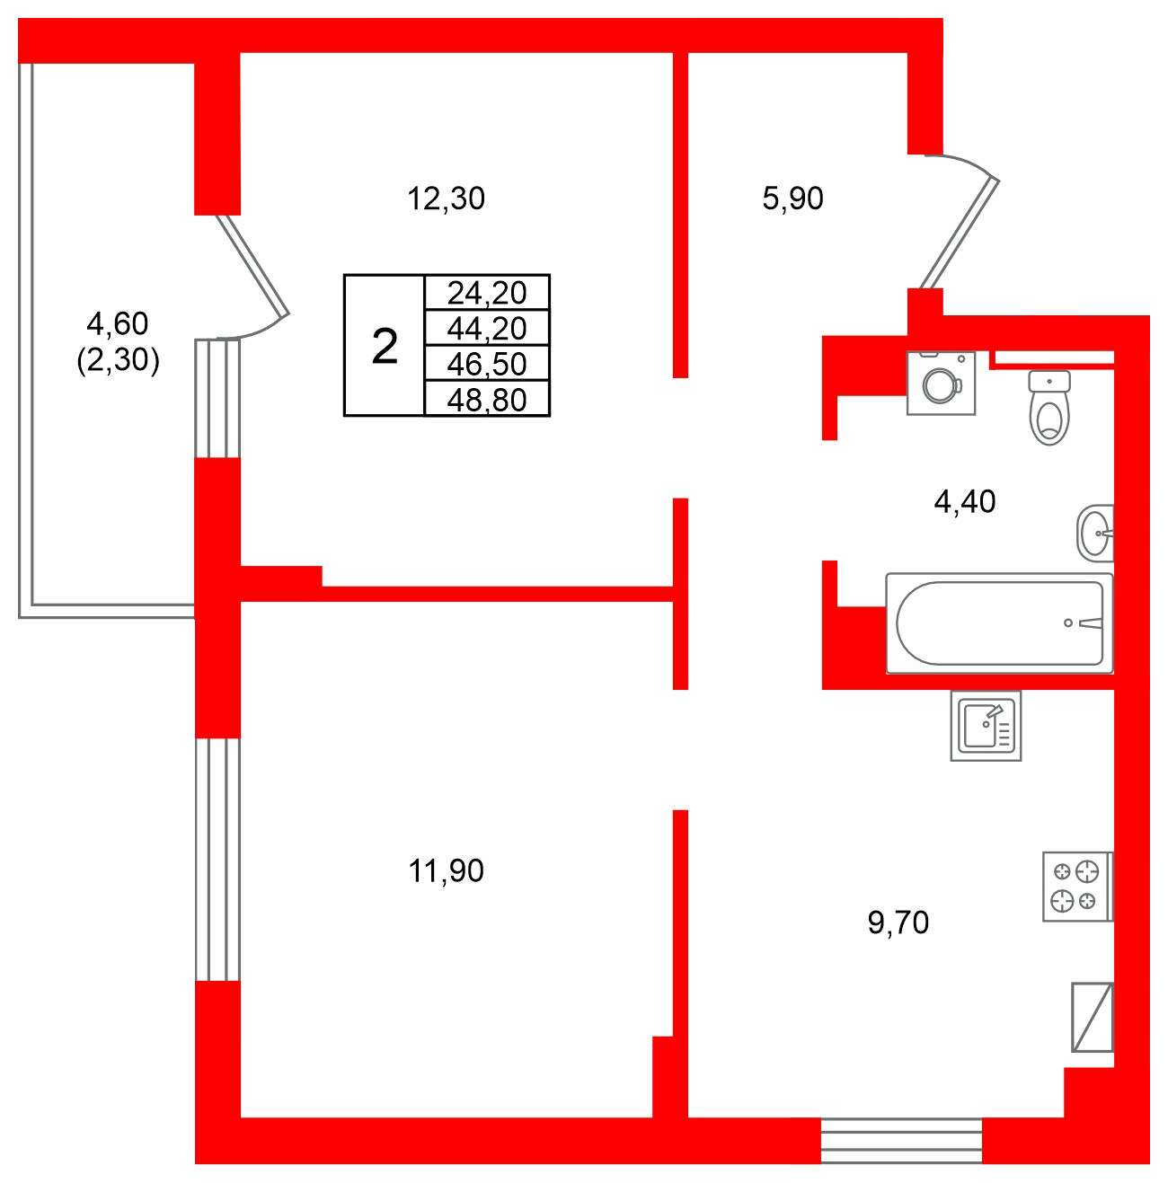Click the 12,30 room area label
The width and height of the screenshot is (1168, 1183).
(446, 199)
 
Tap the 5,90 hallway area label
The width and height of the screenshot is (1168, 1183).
(792, 199)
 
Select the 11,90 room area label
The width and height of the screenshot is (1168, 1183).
(446, 870)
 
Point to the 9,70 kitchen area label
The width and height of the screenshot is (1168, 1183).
(898, 923)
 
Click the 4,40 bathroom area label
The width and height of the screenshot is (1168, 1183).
(965, 501)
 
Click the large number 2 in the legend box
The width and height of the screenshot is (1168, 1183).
(385, 346)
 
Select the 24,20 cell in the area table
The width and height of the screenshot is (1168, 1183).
(486, 293)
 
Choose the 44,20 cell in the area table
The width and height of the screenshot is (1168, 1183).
(486, 328)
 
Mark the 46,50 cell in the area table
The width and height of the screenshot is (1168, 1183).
(486, 364)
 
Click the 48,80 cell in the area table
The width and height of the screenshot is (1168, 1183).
(486, 399)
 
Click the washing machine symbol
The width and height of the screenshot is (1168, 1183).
(942, 384)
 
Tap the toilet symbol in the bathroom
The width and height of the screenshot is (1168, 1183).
(1049, 409)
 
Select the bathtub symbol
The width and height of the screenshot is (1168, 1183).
(999, 623)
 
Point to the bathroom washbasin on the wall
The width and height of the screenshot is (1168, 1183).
(1095, 534)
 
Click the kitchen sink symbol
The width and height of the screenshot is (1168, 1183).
(986, 726)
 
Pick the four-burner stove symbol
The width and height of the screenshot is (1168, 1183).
(1076, 887)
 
